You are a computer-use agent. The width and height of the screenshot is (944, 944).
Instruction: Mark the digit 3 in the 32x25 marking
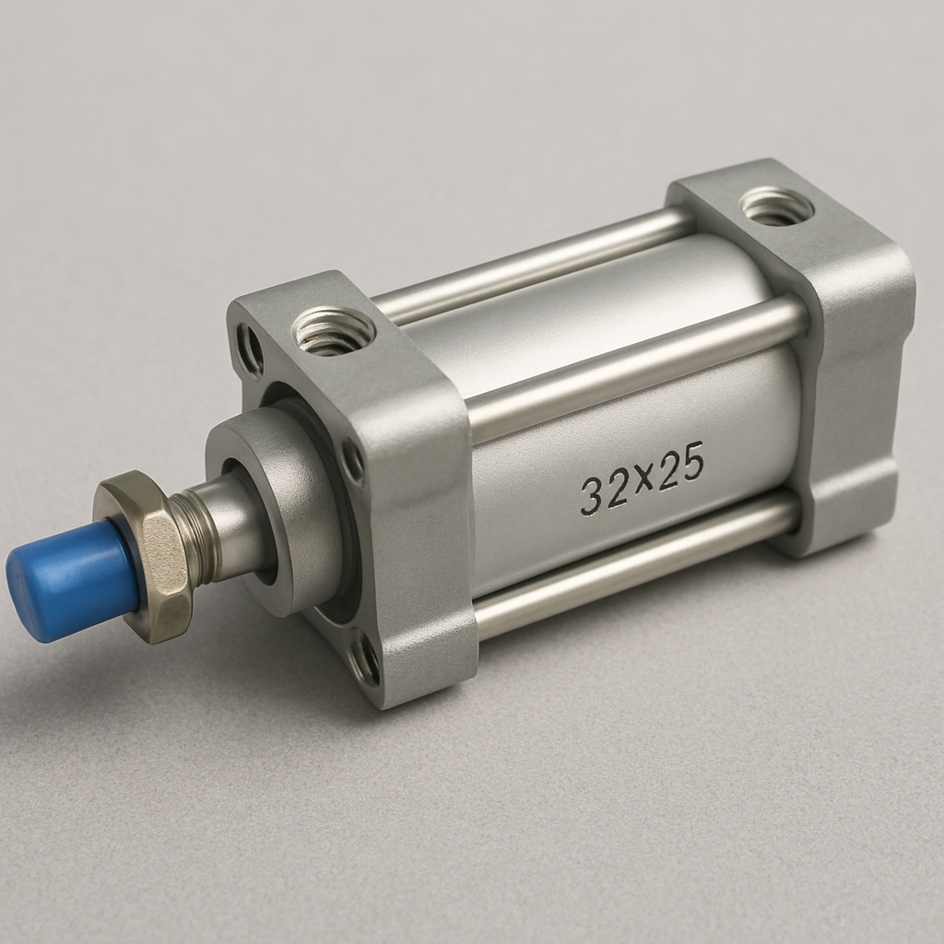pos(591,497)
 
